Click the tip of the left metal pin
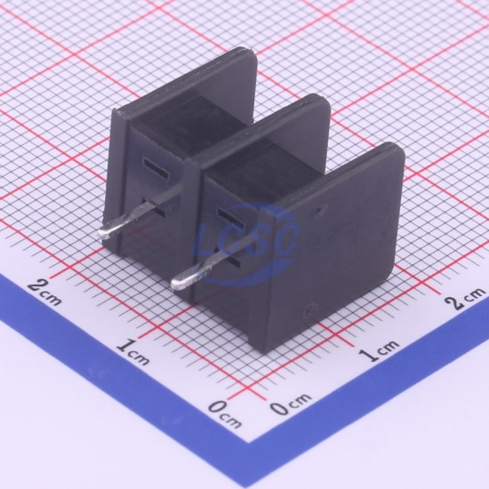tap(100, 232)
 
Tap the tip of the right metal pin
tap(173, 283)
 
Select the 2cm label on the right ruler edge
tap(464, 298)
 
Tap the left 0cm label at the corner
tap(225, 413)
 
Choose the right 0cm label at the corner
tap(291, 403)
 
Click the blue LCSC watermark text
tap(246, 239)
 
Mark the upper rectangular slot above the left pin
tap(156, 169)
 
